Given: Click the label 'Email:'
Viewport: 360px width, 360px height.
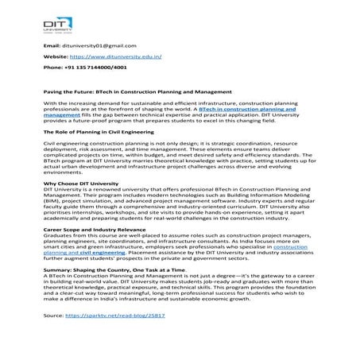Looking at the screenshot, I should [x=51, y=45].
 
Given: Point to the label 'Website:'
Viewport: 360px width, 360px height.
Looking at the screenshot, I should [x=56, y=56].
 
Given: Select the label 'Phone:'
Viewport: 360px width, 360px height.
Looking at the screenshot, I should [x=52, y=68].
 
